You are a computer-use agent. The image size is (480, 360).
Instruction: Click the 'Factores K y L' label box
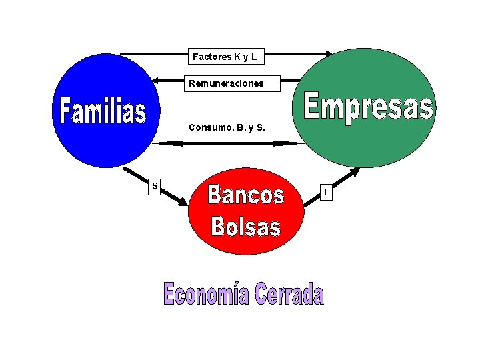(225, 57)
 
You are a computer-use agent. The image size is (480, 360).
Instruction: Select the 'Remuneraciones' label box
(226, 84)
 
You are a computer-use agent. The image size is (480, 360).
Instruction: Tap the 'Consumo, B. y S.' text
(227, 127)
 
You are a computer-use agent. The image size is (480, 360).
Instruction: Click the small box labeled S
(154, 186)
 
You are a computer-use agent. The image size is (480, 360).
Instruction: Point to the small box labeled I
(325, 192)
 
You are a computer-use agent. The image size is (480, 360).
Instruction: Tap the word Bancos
(245, 195)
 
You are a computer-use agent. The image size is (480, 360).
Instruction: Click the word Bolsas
(245, 226)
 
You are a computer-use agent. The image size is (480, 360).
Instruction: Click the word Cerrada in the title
(289, 294)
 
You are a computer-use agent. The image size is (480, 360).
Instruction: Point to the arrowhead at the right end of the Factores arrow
(329, 54)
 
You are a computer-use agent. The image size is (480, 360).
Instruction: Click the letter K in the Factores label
(237, 57)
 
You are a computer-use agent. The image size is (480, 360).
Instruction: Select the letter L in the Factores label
(254, 57)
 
